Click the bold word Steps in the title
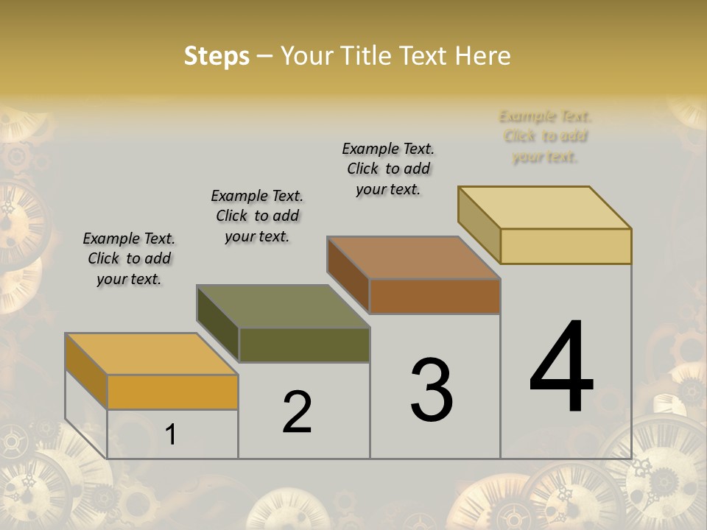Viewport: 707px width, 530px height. pyautogui.click(x=217, y=56)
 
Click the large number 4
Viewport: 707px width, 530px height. pyautogui.click(x=561, y=368)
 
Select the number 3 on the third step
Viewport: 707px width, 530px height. pyautogui.click(x=432, y=390)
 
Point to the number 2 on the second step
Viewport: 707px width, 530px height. pyautogui.click(x=297, y=412)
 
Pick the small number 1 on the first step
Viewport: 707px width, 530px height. pyautogui.click(x=171, y=434)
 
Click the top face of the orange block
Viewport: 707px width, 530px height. pyautogui.click(x=151, y=354)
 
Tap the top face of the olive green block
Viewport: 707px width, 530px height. pyautogui.click(x=283, y=306)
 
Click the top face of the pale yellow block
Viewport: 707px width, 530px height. pyautogui.click(x=545, y=208)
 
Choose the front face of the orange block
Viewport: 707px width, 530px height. pyautogui.click(x=172, y=392)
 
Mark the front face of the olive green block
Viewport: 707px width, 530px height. pyautogui.click(x=304, y=344)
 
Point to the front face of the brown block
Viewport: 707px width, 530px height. pyautogui.click(x=435, y=296)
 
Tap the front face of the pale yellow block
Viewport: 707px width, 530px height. pyautogui.click(x=566, y=246)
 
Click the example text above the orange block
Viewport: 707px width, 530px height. pyautogui.click(x=129, y=258)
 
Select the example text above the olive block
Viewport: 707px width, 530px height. pyautogui.click(x=257, y=216)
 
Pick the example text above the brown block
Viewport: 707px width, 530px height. pyautogui.click(x=388, y=169)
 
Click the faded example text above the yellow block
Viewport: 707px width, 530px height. pyautogui.click(x=545, y=136)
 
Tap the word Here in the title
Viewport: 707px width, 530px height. pyautogui.click(x=483, y=56)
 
